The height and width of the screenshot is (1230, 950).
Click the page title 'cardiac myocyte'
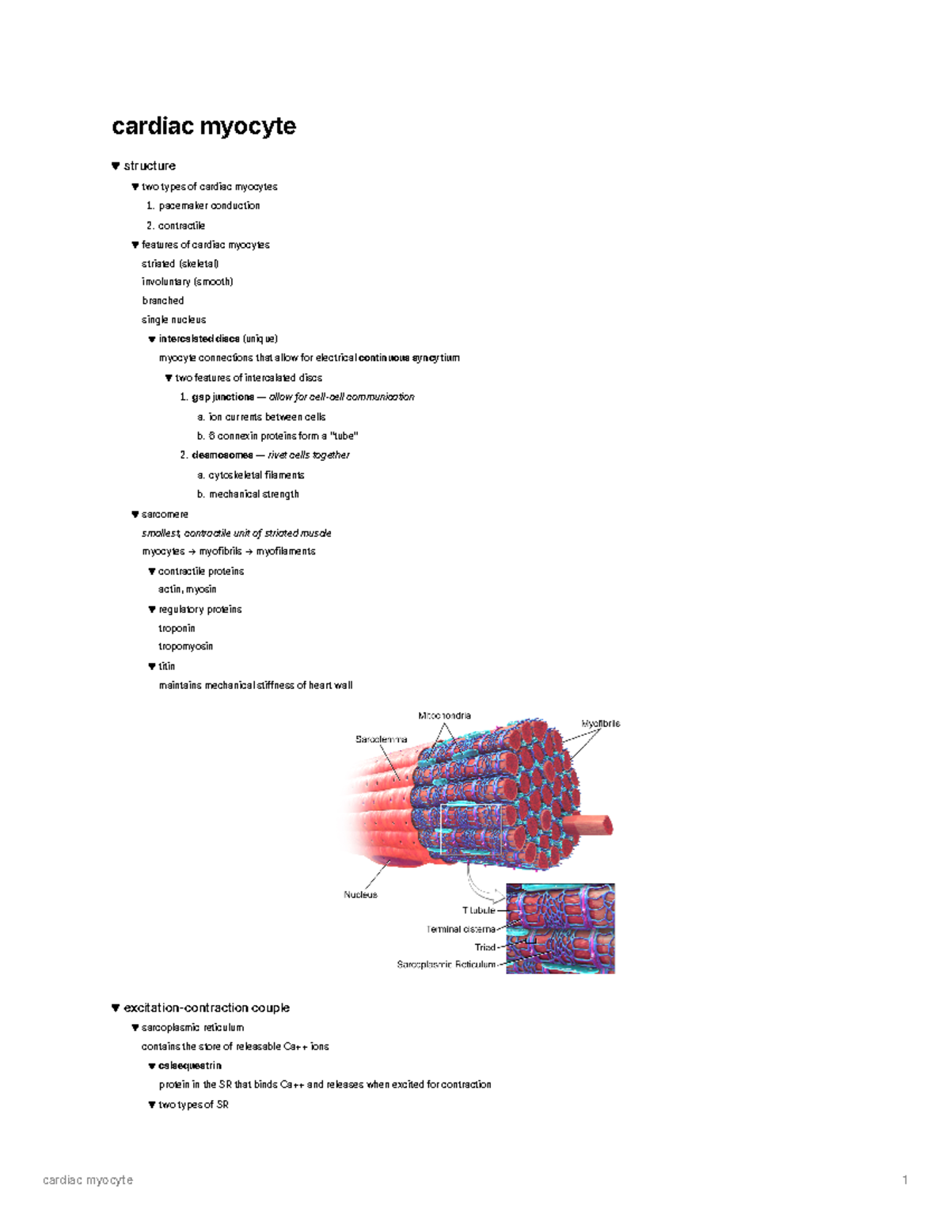203,126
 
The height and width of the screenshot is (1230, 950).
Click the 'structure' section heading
149,166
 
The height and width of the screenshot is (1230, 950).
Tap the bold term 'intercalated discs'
199,339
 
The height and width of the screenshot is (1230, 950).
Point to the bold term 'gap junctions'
222,397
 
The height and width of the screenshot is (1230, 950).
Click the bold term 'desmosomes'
222,455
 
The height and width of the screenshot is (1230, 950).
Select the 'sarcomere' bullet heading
165,515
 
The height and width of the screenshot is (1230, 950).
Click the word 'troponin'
177,628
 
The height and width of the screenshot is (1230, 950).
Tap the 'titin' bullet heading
166,667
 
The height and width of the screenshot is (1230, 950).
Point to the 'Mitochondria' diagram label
444,716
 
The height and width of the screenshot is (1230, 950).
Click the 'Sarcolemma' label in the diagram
382,740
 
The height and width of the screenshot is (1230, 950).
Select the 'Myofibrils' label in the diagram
601,724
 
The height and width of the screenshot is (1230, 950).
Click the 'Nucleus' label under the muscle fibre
360,895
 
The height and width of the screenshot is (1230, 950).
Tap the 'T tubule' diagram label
478,911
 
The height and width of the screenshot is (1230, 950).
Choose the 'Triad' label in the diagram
484,947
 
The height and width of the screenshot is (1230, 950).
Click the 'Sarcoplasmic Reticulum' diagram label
446,965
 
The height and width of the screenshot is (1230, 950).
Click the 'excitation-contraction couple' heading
206,1008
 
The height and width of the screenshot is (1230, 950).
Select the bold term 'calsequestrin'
189,1066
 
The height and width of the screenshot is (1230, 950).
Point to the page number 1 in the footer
905,1180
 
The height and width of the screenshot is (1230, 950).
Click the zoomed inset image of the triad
560,928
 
